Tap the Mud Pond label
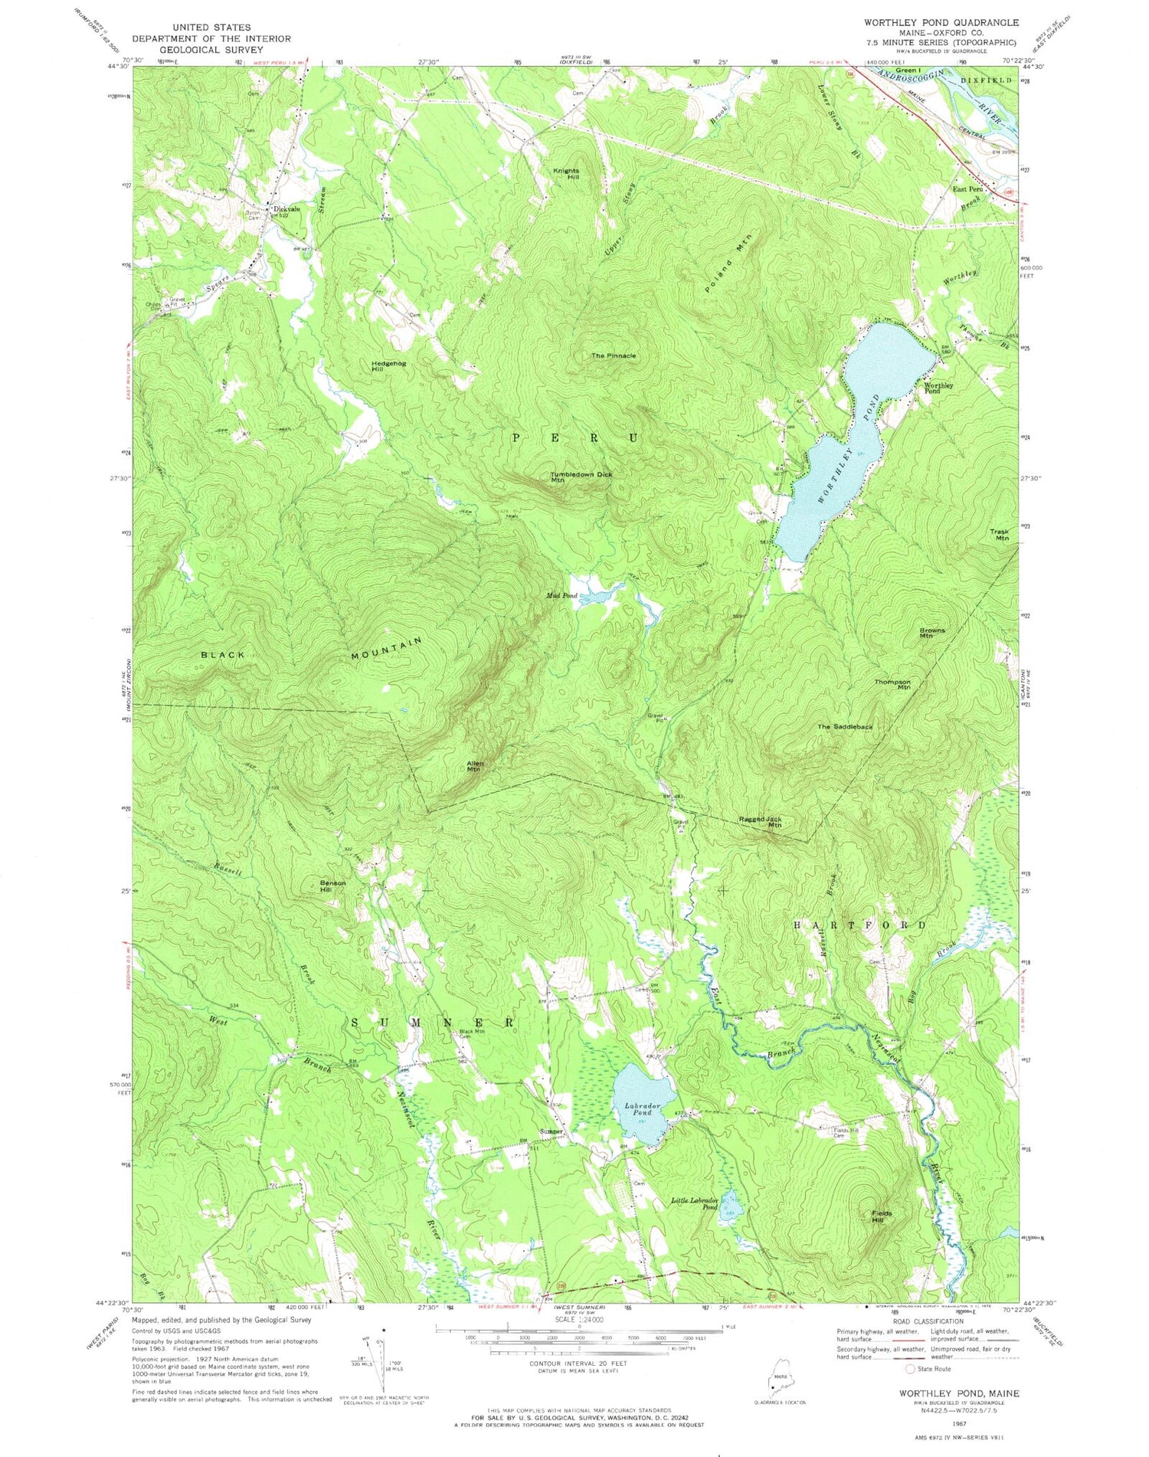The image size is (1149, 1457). click(561, 595)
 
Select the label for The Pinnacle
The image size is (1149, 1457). click(613, 355)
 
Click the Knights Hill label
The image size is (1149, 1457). click(566, 174)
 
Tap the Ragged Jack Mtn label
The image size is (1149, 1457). click(760, 822)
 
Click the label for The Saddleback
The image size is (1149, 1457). click(844, 726)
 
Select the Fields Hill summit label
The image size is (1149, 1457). click(881, 1216)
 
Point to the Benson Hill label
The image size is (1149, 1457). click(332, 886)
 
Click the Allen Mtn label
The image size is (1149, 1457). click(474, 765)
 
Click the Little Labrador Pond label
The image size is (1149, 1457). click(695, 1203)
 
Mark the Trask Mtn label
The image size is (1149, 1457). click(1000, 535)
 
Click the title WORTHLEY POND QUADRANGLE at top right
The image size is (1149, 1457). click(930, 23)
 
